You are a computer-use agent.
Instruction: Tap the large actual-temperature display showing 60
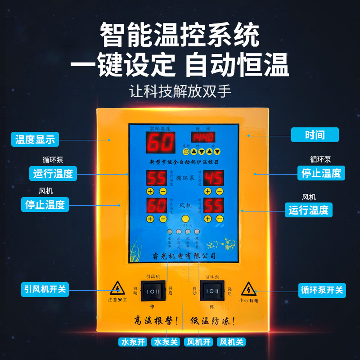tap(160, 143)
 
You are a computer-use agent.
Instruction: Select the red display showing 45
tap(214, 178)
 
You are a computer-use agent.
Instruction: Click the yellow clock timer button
tap(186, 152)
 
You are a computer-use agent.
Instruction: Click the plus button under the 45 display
tap(207, 191)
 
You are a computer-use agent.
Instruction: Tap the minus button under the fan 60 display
tap(162, 219)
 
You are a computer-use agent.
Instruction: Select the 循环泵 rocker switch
tap(212, 291)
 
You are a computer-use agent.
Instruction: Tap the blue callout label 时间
tap(315, 135)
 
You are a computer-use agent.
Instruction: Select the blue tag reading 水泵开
tap(133, 342)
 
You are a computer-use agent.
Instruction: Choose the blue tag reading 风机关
tap(231, 342)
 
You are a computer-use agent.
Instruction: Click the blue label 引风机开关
tap(45, 289)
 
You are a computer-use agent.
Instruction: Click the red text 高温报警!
tap(156, 321)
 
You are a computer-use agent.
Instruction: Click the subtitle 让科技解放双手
tap(180, 92)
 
